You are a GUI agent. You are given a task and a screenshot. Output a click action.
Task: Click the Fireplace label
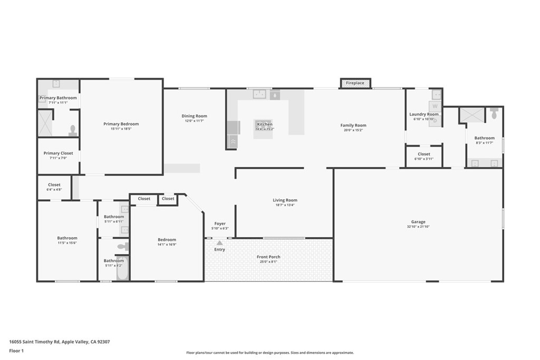355,83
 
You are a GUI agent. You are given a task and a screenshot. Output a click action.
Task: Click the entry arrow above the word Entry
219,242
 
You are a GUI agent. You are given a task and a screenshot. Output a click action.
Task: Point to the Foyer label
220,223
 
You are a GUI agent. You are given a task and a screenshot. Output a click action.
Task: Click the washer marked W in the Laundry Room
435,106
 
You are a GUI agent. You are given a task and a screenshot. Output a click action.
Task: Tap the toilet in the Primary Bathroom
73,130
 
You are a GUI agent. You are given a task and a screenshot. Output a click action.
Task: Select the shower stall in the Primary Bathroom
45,123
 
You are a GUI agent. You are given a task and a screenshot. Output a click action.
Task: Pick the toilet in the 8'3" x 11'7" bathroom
494,113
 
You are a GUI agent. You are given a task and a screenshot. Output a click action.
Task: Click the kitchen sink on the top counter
259,94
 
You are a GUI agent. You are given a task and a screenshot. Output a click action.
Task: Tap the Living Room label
285,200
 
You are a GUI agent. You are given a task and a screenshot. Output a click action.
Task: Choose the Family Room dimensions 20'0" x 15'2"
353,130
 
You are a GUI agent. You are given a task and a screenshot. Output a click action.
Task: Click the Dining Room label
194,116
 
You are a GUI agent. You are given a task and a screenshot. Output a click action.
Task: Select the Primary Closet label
58,153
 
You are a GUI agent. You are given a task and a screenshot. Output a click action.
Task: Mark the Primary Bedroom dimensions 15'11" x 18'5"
121,129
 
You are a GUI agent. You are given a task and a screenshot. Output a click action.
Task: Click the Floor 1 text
16,351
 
